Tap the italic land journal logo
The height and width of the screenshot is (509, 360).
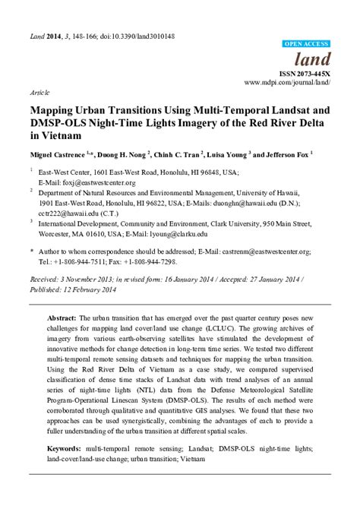(314, 59)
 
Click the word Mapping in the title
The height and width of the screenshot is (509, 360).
(53, 109)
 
